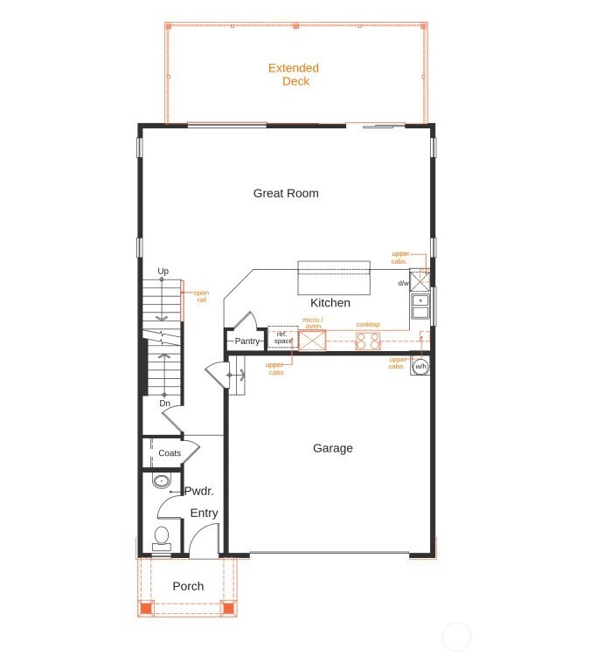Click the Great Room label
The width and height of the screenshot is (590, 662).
tap(286, 193)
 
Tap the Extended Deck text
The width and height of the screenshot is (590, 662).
tap(294, 74)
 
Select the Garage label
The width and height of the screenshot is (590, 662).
tap(333, 448)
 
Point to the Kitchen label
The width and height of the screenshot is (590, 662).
tap(330, 303)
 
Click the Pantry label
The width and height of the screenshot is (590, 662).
tap(246, 341)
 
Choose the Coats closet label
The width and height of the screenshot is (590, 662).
tap(170, 453)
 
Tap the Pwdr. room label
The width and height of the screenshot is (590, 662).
tap(199, 492)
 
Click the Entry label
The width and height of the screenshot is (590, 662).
tap(205, 514)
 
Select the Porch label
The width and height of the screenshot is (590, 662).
tap(188, 586)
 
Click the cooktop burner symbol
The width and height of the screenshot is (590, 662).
tap(368, 341)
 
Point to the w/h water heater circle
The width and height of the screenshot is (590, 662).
tap(420, 367)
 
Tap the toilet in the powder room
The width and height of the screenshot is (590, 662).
tap(162, 536)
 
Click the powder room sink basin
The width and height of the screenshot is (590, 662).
tap(161, 480)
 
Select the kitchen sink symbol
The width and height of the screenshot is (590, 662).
tap(420, 307)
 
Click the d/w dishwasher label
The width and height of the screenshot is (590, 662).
tap(404, 283)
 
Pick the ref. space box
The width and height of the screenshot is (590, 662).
tap(282, 337)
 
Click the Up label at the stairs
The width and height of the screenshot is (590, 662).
tap(163, 272)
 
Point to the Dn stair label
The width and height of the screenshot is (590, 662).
tap(164, 403)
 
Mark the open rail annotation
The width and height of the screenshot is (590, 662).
tap(201, 296)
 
